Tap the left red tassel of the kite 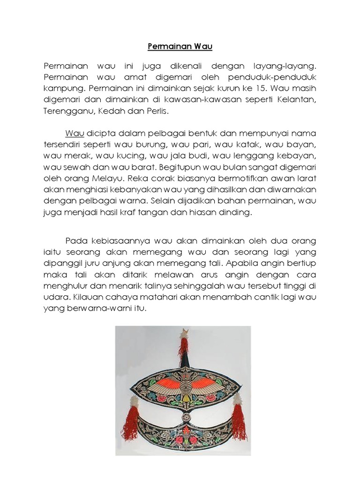(131, 424)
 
